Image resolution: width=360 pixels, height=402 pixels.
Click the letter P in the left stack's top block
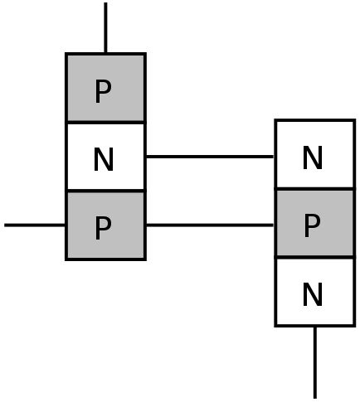103,91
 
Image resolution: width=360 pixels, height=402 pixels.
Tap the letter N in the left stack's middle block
104,159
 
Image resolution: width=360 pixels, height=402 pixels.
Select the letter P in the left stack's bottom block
103,228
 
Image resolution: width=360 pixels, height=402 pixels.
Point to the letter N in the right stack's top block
313,157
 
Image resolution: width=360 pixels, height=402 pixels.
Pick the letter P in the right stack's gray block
312,225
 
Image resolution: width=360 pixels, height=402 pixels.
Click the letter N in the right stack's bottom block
313,294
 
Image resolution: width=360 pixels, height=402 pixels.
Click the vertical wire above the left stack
105,27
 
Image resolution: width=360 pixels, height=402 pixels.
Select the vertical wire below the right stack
315,362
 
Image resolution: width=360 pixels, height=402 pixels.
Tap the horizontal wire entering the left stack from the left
35,225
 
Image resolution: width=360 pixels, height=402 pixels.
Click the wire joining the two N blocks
210,157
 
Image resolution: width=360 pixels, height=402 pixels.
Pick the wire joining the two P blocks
210,225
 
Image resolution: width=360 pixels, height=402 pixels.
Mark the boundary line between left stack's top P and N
105,122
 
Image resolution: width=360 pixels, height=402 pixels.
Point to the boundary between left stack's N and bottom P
105,191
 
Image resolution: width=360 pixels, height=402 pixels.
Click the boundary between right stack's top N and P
315,189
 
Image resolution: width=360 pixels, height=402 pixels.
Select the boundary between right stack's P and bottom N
315,258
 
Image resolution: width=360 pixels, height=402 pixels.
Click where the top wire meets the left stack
105,53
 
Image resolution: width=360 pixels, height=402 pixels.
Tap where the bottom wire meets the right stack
315,327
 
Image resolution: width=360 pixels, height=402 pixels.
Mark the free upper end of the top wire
105,2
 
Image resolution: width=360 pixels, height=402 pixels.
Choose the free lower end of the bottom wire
315,398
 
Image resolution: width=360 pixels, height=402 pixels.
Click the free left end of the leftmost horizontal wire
4,225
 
